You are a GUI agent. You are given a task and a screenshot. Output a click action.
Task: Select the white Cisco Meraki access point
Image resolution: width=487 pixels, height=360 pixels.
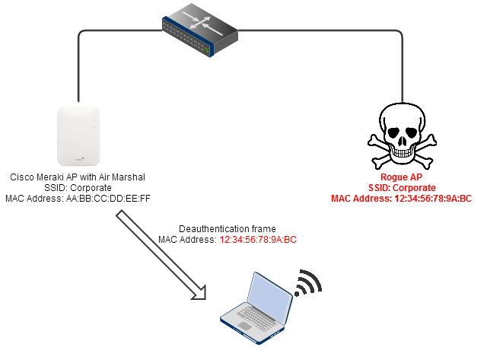(78, 136)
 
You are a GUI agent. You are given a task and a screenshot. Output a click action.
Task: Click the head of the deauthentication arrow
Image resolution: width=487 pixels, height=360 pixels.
(199, 293)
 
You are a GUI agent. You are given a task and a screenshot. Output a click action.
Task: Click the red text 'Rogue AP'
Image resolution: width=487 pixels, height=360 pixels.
(401, 177)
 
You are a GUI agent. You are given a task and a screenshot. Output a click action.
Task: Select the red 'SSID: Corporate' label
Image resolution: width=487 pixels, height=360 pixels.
(401, 188)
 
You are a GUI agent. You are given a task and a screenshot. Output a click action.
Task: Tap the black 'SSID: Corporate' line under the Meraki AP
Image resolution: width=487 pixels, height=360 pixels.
(78, 188)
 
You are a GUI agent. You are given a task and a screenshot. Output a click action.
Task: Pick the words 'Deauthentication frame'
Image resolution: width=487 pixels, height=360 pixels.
(227, 228)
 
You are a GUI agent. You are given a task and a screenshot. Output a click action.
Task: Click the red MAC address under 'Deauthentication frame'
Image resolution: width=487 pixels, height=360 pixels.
(258, 239)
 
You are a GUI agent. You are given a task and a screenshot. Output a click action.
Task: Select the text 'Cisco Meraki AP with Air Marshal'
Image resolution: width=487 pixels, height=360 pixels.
(78, 177)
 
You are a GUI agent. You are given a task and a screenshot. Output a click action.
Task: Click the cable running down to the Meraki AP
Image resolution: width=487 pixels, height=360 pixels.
(78, 68)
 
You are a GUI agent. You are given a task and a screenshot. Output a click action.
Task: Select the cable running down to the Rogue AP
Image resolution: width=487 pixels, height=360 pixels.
(401, 68)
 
